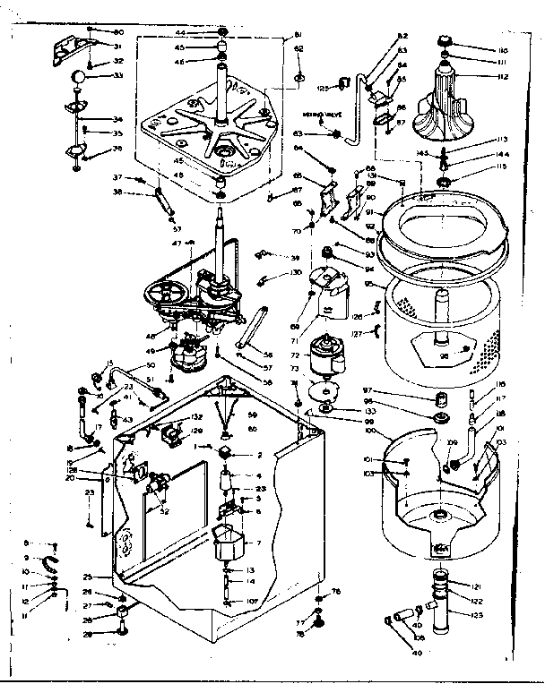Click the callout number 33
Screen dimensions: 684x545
[x=117, y=76]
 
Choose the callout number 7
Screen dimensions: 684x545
[x=258, y=543]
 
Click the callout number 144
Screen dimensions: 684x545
[x=501, y=153]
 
